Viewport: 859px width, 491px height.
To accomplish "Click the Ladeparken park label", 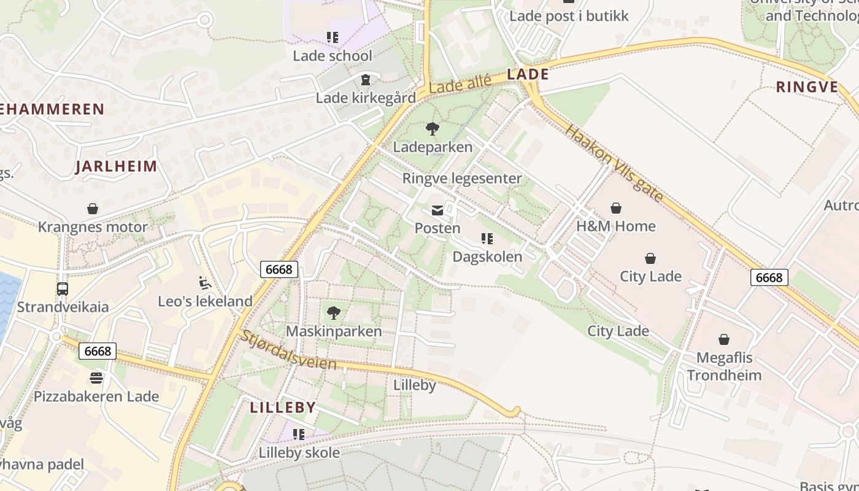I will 433,147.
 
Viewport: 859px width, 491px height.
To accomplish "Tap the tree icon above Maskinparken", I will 333,313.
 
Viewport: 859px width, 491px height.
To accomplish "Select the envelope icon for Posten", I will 437,211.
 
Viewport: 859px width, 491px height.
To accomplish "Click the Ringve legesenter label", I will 462,179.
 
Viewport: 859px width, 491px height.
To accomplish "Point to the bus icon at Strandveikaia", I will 63,289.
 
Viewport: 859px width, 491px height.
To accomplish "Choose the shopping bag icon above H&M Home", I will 616,208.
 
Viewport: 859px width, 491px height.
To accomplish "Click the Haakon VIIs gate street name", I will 614,163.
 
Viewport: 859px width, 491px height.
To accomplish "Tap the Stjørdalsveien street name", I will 288,350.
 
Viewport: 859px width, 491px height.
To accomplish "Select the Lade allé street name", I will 460,84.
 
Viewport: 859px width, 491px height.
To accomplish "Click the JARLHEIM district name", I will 116,166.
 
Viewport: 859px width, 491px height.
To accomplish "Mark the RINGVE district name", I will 807,87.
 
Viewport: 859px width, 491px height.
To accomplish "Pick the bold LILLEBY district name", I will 283,408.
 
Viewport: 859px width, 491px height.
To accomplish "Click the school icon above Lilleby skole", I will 299,435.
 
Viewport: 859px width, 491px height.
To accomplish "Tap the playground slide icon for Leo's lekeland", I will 205,283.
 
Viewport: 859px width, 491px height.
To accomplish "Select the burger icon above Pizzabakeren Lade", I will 96,377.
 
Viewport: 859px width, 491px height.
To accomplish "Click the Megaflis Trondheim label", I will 724,366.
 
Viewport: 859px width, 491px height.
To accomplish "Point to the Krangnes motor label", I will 93,227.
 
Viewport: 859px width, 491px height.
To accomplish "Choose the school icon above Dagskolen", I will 487,239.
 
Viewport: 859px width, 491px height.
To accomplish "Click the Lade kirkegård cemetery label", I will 366,98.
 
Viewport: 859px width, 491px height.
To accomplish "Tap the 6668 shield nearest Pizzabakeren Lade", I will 98,351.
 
